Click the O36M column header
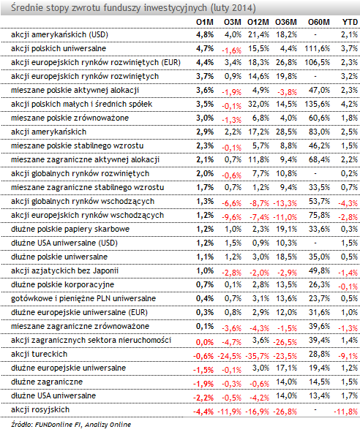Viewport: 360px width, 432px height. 286,22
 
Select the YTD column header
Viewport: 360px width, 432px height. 350,22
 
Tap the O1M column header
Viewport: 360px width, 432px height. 205,22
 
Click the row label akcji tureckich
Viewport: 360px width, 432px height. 40,354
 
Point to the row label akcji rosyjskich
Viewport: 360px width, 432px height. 40,409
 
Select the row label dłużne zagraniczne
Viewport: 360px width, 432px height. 47,382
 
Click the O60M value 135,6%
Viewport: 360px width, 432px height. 318,104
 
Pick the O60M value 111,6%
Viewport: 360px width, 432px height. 318,48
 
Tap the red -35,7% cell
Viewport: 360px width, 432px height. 258,356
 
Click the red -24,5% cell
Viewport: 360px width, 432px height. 230,356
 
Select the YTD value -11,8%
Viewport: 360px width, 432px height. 345,412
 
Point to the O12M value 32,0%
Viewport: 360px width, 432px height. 258,104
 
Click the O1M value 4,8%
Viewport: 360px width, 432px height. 205,34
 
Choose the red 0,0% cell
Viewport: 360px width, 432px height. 205,343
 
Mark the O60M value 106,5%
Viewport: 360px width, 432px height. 318,62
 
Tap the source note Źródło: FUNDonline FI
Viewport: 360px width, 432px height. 46,425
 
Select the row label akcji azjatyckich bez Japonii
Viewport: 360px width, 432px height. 64,271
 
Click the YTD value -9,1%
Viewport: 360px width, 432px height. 348,356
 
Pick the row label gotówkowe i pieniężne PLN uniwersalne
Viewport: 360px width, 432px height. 83,299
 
